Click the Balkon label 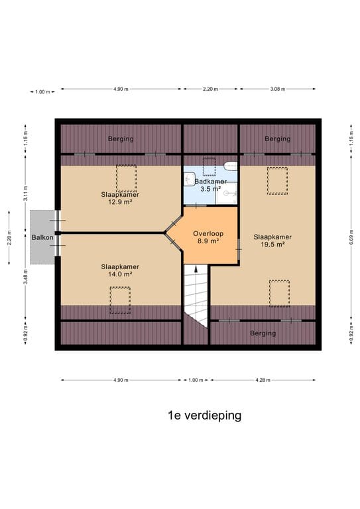(37, 237)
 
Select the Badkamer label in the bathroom (210, 182)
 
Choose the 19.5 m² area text (272, 245)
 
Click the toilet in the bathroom (230, 166)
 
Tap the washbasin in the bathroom (190, 178)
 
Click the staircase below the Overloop (196, 292)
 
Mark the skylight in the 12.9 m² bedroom (125, 178)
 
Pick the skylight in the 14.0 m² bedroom (120, 300)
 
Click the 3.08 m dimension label (282, 89)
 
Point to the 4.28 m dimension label (262, 380)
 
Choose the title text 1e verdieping (204, 416)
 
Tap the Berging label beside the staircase (263, 333)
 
